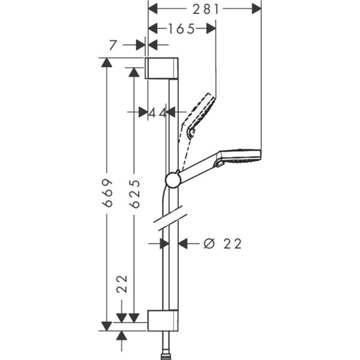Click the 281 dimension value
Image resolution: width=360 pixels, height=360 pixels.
pos(205,8)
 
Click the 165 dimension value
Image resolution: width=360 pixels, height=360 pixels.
pos(181,28)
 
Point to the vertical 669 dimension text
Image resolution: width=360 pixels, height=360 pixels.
pos(107,193)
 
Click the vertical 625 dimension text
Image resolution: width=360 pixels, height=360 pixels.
pos(135,193)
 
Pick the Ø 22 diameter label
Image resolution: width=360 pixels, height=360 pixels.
pos(223,244)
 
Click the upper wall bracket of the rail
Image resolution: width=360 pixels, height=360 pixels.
pos(161,68)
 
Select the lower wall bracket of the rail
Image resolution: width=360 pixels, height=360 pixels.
pos(163,321)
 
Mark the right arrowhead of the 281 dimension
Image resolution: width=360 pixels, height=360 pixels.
pos(256,8)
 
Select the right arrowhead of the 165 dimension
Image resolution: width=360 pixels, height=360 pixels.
pos(211,28)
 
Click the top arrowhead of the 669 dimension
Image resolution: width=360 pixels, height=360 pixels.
pos(107,62)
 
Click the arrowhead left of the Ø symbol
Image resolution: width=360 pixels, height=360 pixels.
pos(184,244)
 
